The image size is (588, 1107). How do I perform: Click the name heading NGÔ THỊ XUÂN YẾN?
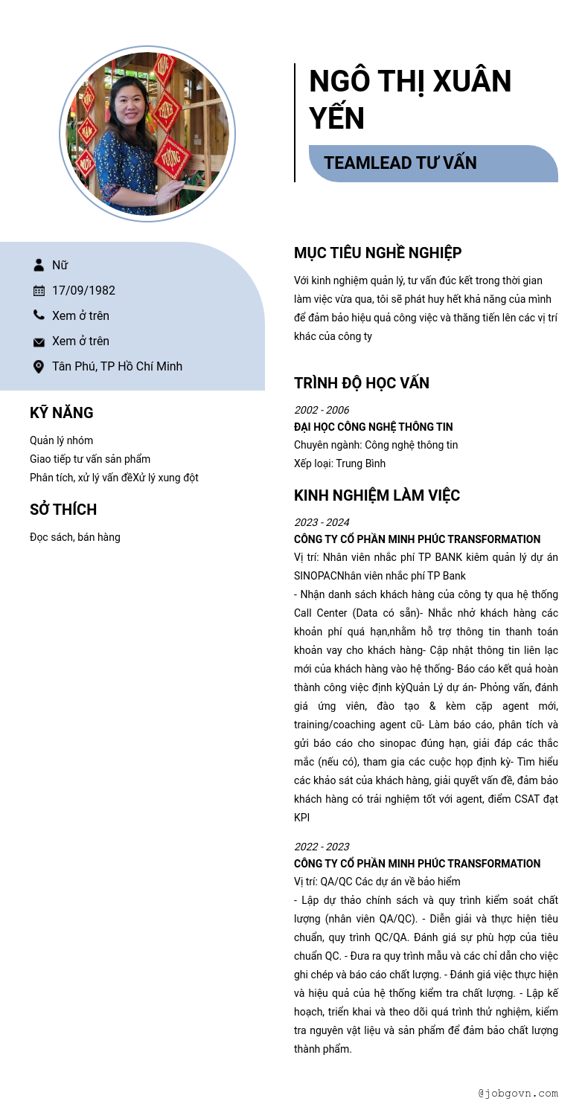(x=410, y=100)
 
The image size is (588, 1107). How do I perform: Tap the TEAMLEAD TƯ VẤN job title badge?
(x=400, y=163)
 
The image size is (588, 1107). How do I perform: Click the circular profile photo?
(x=147, y=134)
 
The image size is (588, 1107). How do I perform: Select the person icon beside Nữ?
(x=39, y=265)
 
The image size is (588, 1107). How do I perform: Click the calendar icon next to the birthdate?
(x=39, y=290)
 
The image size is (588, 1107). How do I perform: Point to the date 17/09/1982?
(x=83, y=290)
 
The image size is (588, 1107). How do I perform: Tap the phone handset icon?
(x=39, y=315)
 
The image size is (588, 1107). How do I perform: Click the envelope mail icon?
(x=39, y=341)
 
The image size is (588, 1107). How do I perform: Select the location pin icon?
(x=39, y=366)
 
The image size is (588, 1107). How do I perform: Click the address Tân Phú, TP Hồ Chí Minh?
(x=117, y=366)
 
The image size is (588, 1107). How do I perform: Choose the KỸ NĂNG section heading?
(x=62, y=413)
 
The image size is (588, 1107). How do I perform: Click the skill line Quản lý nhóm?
(x=61, y=440)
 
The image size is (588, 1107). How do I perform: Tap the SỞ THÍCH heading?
(x=63, y=510)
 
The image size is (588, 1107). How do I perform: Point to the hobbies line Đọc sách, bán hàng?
(x=74, y=537)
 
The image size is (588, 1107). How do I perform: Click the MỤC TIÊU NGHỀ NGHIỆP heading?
(x=377, y=253)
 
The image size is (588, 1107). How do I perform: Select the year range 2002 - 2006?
(x=322, y=410)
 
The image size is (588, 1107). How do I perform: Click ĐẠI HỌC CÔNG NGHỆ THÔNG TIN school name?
(x=373, y=427)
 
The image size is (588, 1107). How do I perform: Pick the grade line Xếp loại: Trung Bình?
(x=339, y=463)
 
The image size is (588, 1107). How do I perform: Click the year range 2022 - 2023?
(x=322, y=847)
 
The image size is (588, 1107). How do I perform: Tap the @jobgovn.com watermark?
(x=518, y=1093)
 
